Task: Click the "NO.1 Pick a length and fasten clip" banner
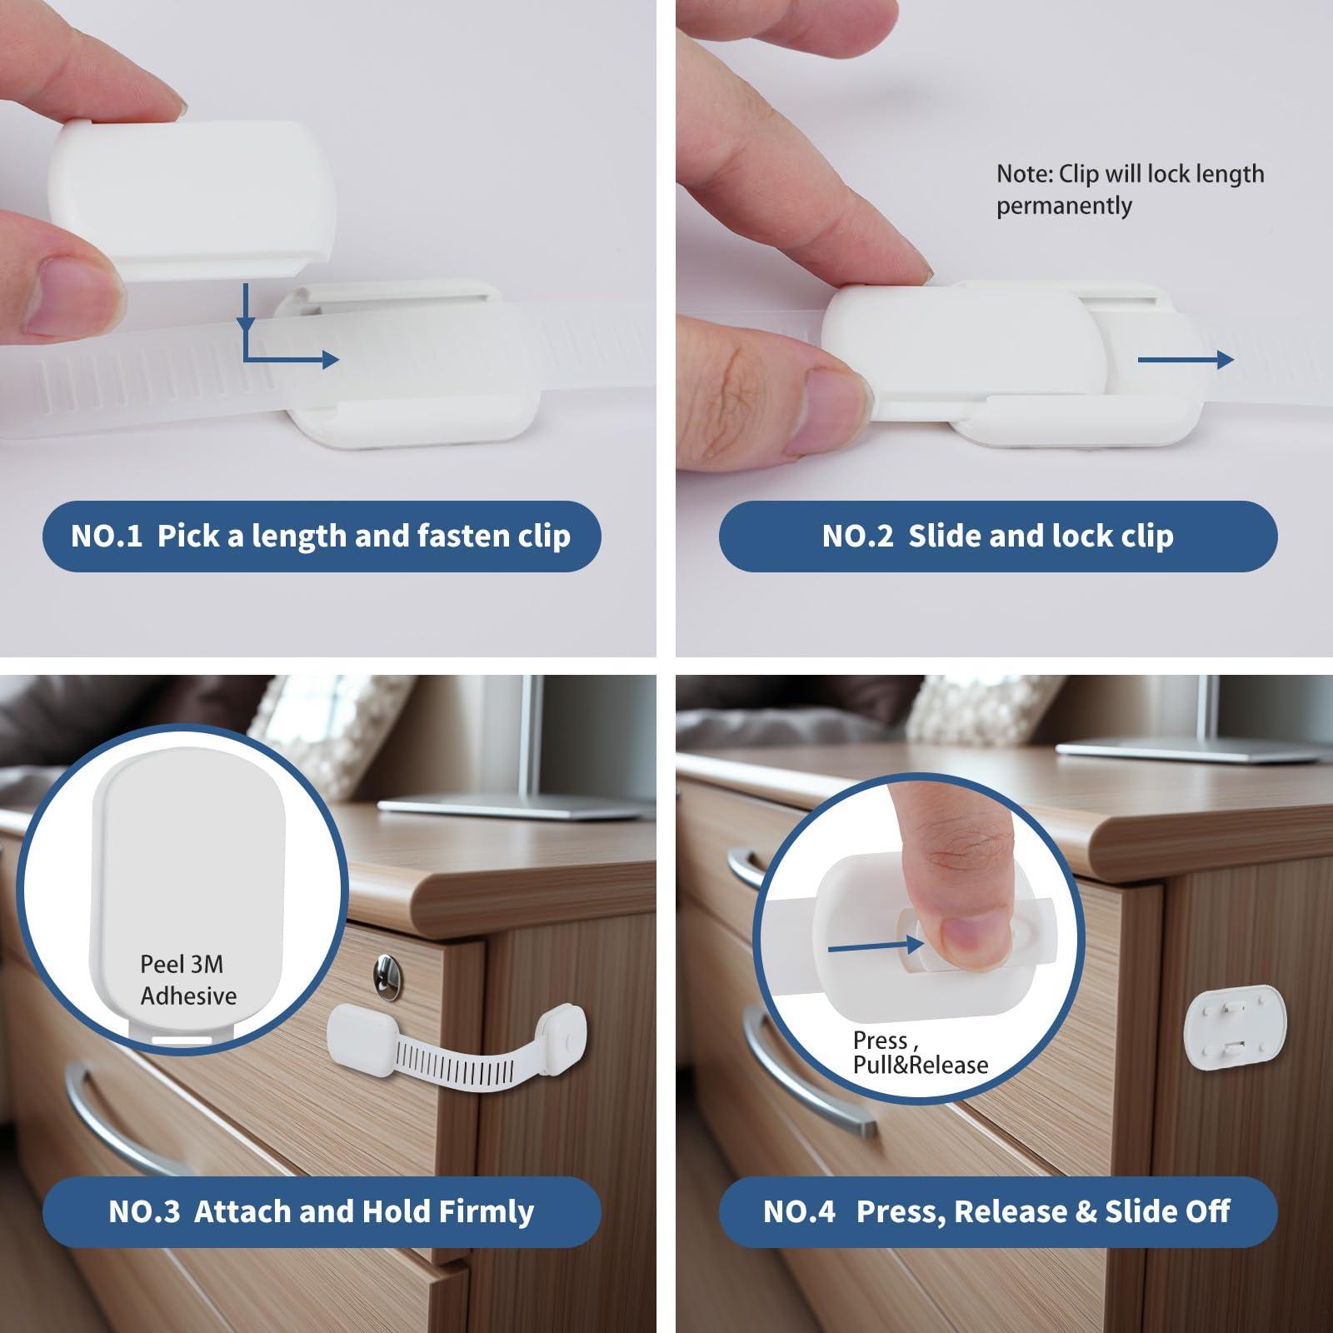(x=321, y=536)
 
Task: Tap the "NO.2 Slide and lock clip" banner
(x=997, y=536)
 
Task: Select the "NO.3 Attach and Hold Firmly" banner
(x=321, y=1211)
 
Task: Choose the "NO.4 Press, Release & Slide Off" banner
(x=997, y=1211)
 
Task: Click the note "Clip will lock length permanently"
(x=1129, y=190)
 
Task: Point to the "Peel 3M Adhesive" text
(x=187, y=980)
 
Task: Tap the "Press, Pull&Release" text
(x=920, y=1053)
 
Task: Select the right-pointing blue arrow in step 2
(x=1185, y=359)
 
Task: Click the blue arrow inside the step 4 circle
(x=875, y=946)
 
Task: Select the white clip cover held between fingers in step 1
(x=192, y=196)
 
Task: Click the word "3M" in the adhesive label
(x=207, y=965)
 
